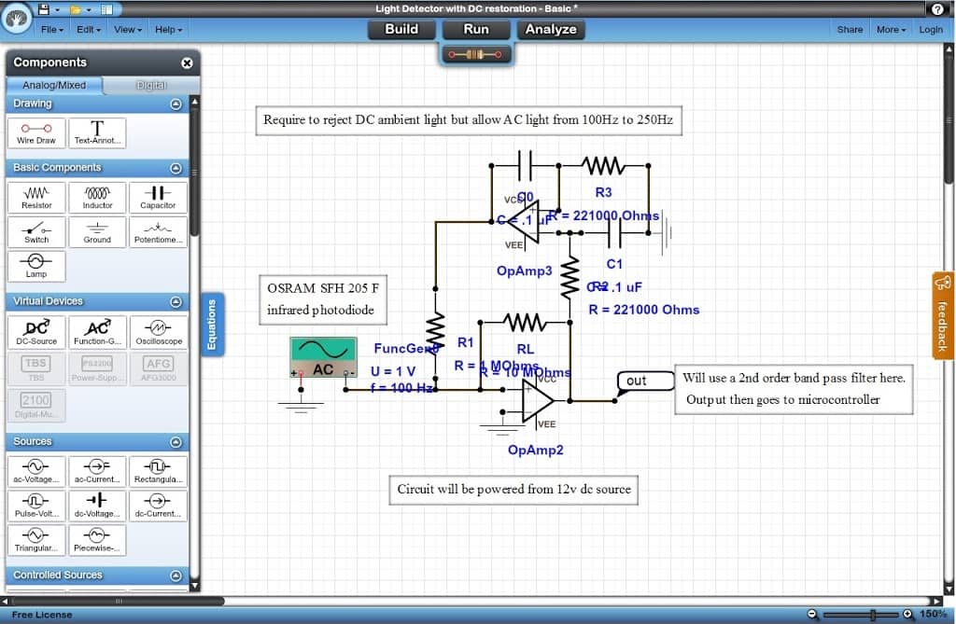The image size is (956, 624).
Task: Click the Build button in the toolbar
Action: [x=401, y=29]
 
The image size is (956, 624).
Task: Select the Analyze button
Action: [x=551, y=29]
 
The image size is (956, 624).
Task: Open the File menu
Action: [x=51, y=30]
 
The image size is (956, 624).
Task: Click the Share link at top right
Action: [x=850, y=30]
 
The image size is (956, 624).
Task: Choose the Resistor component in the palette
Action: [x=36, y=196]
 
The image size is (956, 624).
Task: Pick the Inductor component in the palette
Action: [x=97, y=196]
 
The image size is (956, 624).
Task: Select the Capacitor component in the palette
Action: [x=158, y=196]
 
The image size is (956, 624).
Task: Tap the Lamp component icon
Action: [x=36, y=265]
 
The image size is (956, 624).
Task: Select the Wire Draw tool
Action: [x=36, y=132]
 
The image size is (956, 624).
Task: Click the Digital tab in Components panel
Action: [x=151, y=85]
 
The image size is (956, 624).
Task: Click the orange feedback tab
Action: [x=942, y=315]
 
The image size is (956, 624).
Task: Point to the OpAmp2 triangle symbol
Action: [x=536, y=400]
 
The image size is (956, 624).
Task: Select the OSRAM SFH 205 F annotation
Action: [x=323, y=298]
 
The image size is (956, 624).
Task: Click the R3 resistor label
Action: [x=603, y=192]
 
